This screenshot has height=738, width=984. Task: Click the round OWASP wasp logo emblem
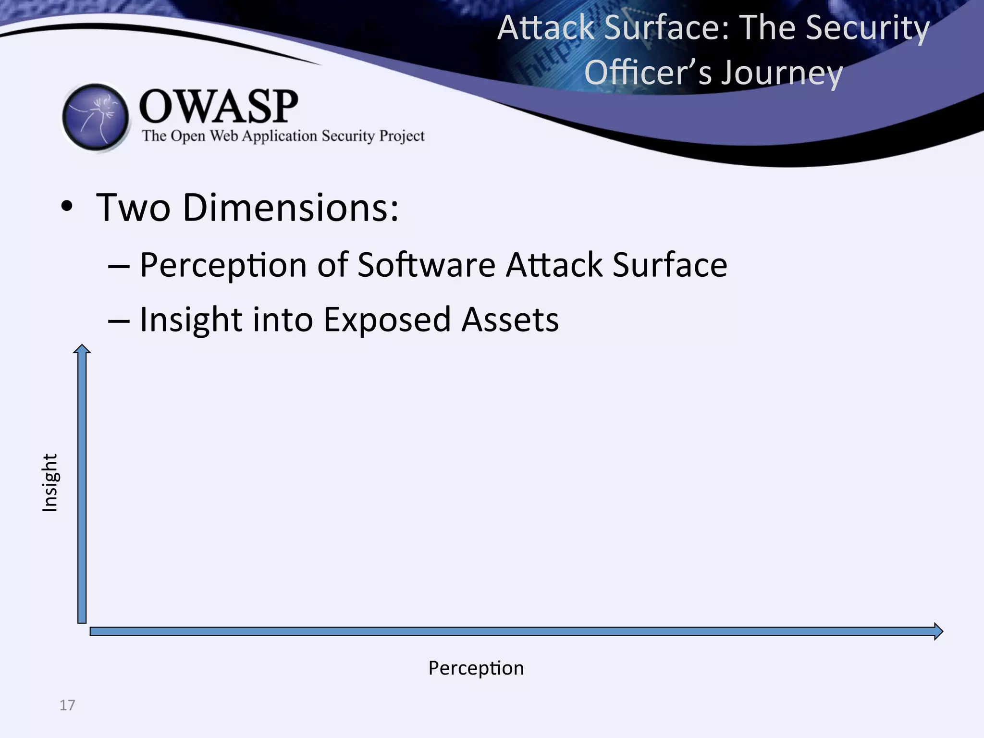tap(96, 117)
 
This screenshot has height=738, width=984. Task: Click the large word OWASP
tap(219, 106)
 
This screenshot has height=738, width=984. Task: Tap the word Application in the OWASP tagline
tap(279, 136)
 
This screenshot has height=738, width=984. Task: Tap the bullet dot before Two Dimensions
tap(67, 207)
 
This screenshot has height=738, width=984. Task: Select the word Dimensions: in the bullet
tap(291, 208)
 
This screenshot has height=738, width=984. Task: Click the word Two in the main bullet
tap(133, 208)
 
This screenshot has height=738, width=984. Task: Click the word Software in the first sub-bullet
tap(426, 265)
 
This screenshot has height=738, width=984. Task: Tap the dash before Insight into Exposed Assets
tap(118, 320)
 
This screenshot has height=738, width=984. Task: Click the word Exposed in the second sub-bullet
tap(387, 320)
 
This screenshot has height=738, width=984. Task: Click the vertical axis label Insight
tap(50, 482)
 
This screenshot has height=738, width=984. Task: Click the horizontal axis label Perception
tap(476, 668)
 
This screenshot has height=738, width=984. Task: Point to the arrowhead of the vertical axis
tap(82, 349)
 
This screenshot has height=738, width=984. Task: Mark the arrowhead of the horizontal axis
tap(938, 631)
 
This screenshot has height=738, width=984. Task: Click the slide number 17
tap(67, 705)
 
